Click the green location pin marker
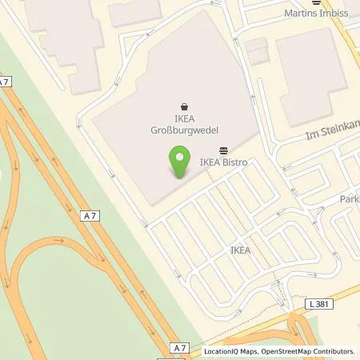[179, 162]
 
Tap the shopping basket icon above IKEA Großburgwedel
[185, 105]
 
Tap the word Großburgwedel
[185, 129]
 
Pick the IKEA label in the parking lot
[240, 250]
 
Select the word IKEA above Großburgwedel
[185, 118]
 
